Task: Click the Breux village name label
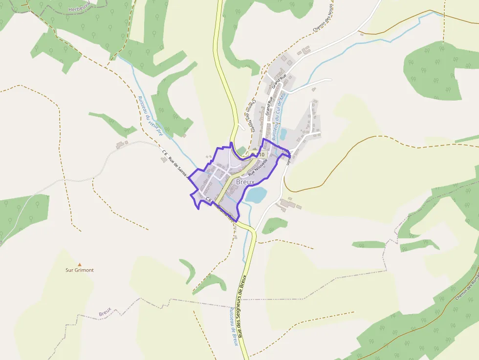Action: (x=245, y=182)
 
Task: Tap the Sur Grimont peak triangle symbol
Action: (x=80, y=264)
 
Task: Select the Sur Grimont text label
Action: (x=80, y=270)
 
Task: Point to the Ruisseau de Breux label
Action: (x=234, y=326)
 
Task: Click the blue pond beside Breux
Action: (x=256, y=195)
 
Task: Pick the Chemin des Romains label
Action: (x=467, y=286)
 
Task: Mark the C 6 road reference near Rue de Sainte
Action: (x=165, y=154)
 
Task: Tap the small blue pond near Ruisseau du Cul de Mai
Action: (x=283, y=133)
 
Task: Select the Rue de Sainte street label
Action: (x=180, y=169)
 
